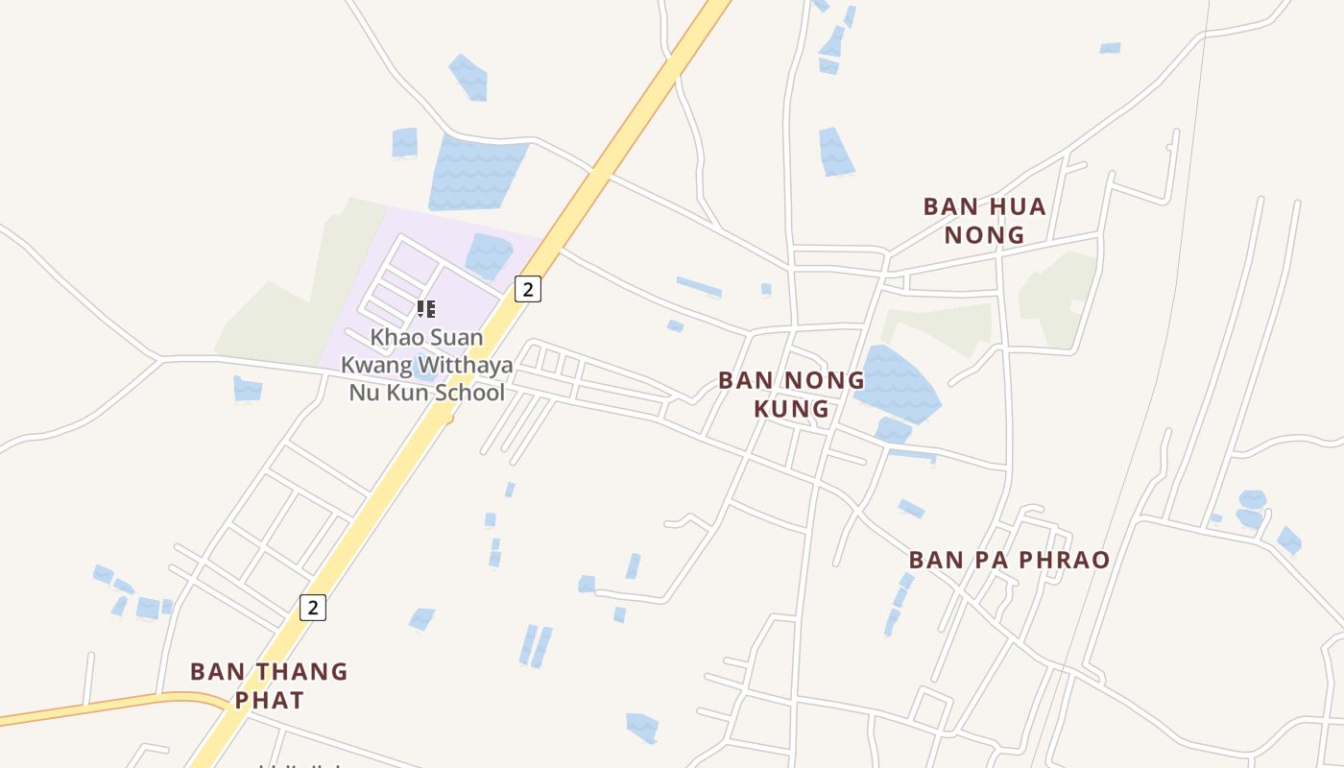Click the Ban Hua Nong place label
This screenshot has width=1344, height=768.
coord(984,220)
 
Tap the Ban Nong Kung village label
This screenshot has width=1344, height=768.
coord(791,394)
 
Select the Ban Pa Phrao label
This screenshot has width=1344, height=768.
coord(1009,560)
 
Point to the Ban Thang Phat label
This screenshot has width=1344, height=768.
coord(269,685)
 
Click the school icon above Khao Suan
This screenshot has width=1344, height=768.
coord(426,309)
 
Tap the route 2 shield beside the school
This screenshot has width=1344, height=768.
coord(527,288)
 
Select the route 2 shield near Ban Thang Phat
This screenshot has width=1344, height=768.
coord(312,607)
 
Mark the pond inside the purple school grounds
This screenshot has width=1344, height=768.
coord(489,255)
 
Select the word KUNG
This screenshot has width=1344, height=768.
coord(791,408)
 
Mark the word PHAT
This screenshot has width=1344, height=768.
coord(269,700)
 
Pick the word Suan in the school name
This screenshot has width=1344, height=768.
coord(457,338)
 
